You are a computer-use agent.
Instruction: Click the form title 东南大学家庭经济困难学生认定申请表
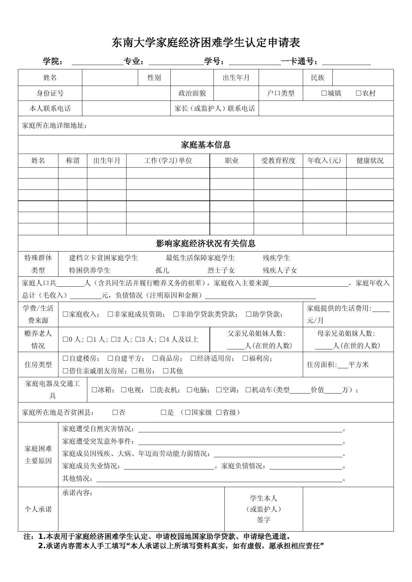(206, 43)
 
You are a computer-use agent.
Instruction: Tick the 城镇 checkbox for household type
(324, 93)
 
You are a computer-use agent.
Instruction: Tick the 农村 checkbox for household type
(359, 93)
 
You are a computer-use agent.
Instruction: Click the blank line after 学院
(97, 62)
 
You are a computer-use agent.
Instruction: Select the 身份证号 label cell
(50, 93)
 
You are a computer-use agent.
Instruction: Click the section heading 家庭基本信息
(206, 145)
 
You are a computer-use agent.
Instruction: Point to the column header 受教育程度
(278, 161)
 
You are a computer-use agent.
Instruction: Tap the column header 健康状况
(370, 161)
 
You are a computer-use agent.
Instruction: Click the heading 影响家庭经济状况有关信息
(206, 243)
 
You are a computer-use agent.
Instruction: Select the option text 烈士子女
(221, 270)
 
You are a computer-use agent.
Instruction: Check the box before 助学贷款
(249, 314)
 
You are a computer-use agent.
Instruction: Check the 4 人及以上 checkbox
(162, 339)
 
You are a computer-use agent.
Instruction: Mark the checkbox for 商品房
(155, 358)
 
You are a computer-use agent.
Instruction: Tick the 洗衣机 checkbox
(153, 390)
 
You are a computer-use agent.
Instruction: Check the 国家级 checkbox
(188, 412)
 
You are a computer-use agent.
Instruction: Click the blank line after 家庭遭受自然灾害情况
(240, 429)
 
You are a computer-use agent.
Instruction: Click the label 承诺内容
(77, 493)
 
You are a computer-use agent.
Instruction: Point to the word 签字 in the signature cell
(264, 520)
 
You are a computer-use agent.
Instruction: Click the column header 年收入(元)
(324, 161)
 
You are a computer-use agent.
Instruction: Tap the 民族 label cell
(317, 78)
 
